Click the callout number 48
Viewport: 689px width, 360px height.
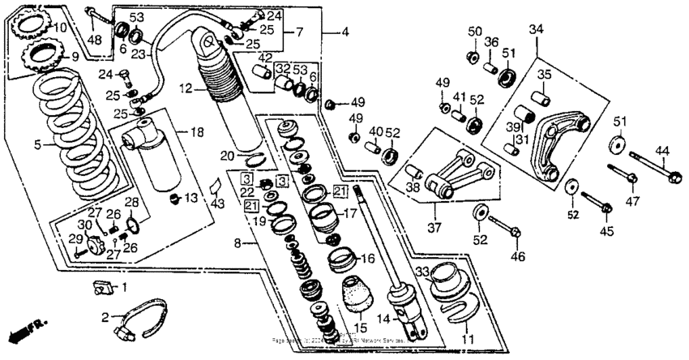95,41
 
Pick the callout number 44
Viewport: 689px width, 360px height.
662,150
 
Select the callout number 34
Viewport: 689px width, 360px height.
536,30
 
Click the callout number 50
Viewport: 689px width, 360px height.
475,31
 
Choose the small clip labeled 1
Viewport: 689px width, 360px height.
102,286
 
